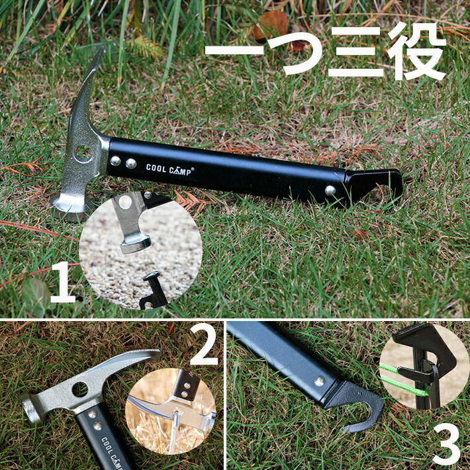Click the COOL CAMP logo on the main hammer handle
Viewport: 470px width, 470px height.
169,169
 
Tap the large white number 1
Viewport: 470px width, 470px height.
63,282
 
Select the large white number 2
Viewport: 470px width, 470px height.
204,344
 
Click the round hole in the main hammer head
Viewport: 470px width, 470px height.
83,153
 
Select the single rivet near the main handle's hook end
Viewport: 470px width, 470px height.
330,191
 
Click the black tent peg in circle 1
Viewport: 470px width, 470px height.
153,290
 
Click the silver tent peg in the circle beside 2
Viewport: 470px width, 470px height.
175,432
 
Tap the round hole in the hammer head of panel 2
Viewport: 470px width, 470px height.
80,389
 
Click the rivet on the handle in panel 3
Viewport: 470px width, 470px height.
320,381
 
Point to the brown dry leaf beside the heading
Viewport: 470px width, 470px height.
271,24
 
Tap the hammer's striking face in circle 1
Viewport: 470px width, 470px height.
136,244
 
